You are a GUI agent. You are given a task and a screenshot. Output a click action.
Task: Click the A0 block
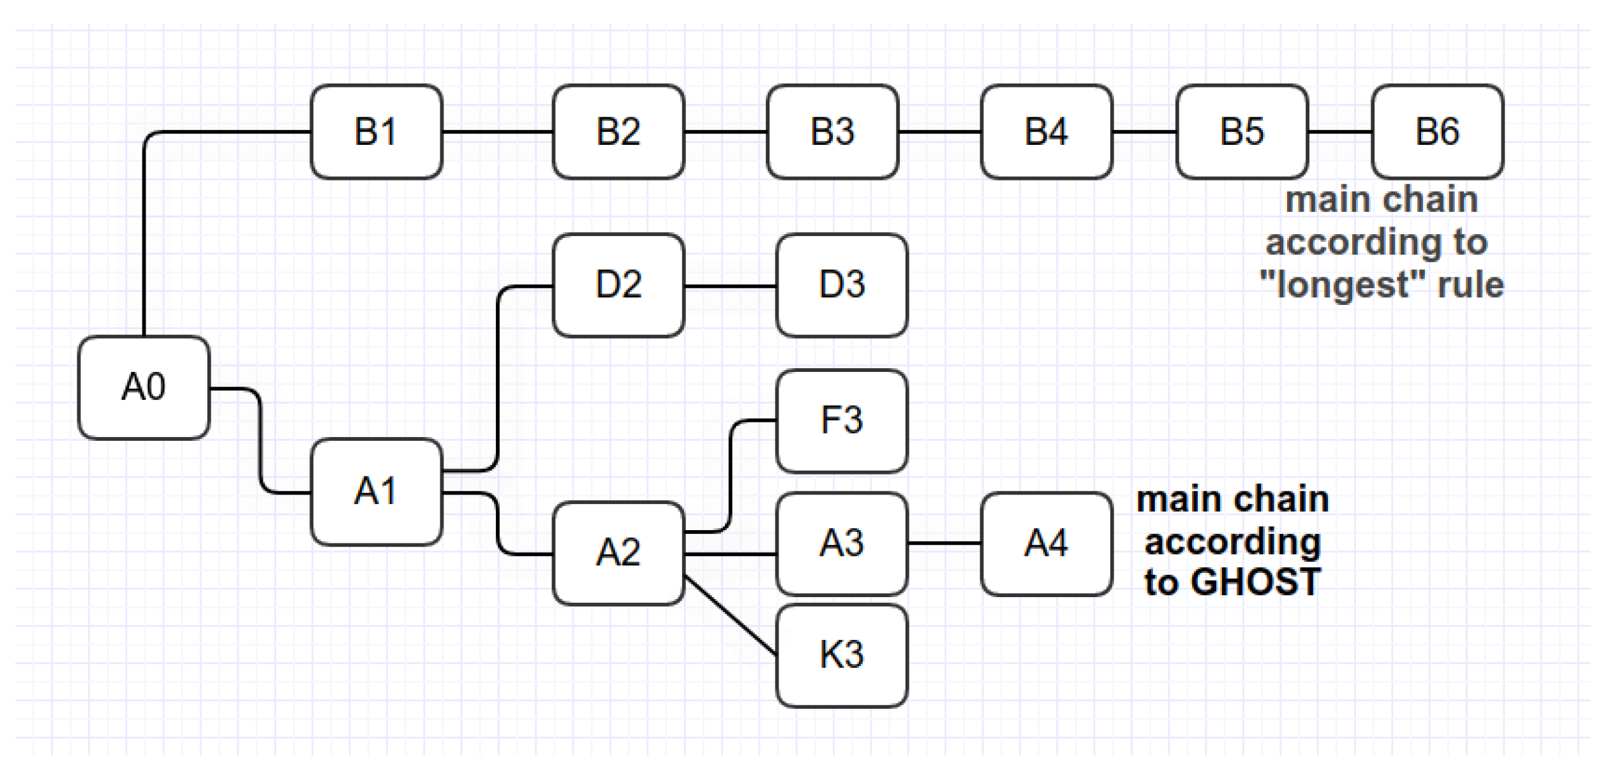tap(144, 387)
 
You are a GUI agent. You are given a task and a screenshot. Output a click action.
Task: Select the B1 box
tap(376, 131)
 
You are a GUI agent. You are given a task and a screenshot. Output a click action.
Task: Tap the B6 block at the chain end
tap(1437, 131)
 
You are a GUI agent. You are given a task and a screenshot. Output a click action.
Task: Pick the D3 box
tap(842, 285)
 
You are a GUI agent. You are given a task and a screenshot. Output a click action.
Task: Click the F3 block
tap(842, 421)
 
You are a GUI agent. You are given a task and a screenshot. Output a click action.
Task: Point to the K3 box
tap(842, 655)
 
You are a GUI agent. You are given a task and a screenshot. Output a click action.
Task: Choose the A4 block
tap(1046, 544)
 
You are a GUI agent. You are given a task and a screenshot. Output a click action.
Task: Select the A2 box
tap(618, 552)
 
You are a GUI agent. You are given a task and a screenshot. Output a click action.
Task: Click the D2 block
tap(618, 285)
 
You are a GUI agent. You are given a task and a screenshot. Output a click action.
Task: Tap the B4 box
tap(1046, 131)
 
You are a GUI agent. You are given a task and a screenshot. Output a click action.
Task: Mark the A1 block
tap(376, 492)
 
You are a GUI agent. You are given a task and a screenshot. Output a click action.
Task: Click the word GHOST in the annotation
tap(1255, 582)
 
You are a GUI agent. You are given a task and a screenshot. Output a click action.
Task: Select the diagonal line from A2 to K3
tap(731, 616)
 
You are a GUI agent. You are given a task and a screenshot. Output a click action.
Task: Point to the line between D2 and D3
tap(730, 286)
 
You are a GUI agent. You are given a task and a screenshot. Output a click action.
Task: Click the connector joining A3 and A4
tap(944, 544)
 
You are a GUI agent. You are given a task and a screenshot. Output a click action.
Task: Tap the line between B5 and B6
tap(1339, 132)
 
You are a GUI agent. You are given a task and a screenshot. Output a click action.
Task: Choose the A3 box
tap(842, 544)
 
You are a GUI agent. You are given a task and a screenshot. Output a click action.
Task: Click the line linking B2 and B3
tap(725, 132)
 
